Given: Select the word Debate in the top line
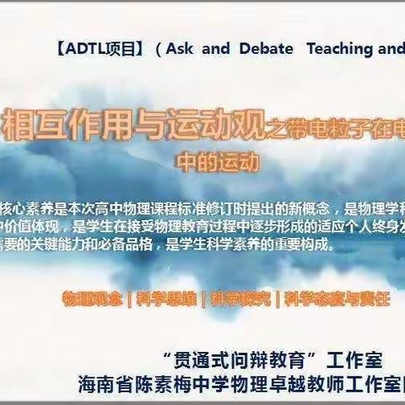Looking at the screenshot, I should click(265, 49).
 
